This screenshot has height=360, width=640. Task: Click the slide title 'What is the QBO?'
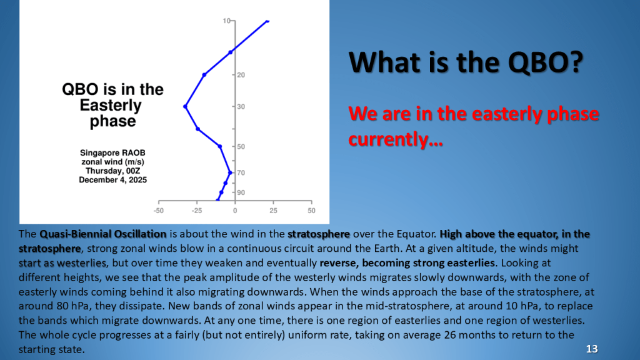(x=466, y=62)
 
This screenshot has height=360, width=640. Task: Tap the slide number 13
(x=592, y=349)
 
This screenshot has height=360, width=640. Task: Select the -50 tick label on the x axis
(x=159, y=211)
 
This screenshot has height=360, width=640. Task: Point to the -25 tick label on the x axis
(x=197, y=211)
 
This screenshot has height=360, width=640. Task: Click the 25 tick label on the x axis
(x=273, y=211)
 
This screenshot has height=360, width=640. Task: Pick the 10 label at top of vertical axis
(x=226, y=21)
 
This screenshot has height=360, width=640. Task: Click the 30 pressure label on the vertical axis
(x=241, y=107)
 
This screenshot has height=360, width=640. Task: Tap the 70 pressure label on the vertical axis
(x=241, y=173)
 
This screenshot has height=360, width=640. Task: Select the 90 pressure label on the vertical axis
(x=241, y=192)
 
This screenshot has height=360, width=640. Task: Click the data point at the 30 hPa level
(x=185, y=106)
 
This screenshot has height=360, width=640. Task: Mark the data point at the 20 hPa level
(x=204, y=75)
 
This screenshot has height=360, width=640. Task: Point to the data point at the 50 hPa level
(x=220, y=146)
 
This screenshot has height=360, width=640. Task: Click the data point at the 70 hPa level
(x=230, y=172)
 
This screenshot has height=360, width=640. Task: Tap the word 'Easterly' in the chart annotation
(x=111, y=106)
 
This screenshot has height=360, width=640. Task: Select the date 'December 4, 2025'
(x=112, y=180)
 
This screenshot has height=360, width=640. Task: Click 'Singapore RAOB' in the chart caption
(x=112, y=152)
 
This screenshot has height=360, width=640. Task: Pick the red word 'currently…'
(x=396, y=139)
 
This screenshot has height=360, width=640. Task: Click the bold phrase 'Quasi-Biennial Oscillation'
(x=103, y=234)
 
